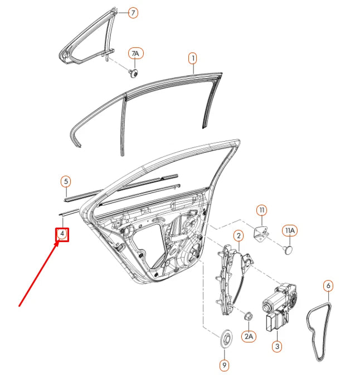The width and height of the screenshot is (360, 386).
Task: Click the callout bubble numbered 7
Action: click(133, 12)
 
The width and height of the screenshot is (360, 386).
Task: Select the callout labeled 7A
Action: click(135, 54)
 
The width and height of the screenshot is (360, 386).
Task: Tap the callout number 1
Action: click(192, 57)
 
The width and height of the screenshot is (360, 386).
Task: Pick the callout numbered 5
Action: click(65, 181)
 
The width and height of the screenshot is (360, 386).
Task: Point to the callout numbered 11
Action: click(261, 210)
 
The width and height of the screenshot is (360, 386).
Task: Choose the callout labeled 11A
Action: click(290, 230)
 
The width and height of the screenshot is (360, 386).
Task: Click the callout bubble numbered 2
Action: click(237, 235)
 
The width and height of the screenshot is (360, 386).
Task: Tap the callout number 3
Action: click(277, 346)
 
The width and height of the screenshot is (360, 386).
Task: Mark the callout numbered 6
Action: click(328, 286)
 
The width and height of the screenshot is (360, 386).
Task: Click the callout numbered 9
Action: click(224, 365)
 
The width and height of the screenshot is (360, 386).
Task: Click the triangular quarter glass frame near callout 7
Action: click(89, 39)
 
